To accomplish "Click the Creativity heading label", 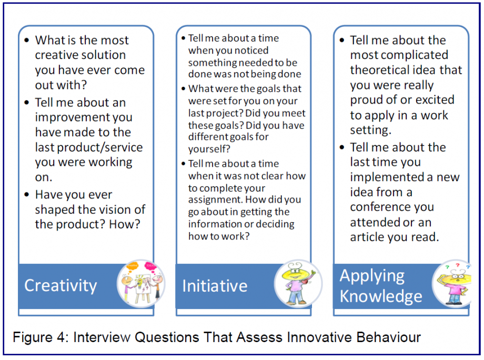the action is [x=60, y=286].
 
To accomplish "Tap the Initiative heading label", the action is [x=215, y=286].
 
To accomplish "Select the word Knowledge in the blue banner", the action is [x=381, y=296].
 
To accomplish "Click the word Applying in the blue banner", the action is [x=372, y=276].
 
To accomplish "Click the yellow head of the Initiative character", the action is [x=296, y=272].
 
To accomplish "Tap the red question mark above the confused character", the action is [x=458, y=265].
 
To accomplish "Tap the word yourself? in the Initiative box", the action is [x=209, y=149].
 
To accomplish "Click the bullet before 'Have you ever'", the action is [x=27, y=195].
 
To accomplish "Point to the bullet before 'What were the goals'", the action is [x=184, y=89].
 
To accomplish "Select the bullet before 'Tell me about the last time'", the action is [x=342, y=147].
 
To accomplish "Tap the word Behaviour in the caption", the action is [x=389, y=337].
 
